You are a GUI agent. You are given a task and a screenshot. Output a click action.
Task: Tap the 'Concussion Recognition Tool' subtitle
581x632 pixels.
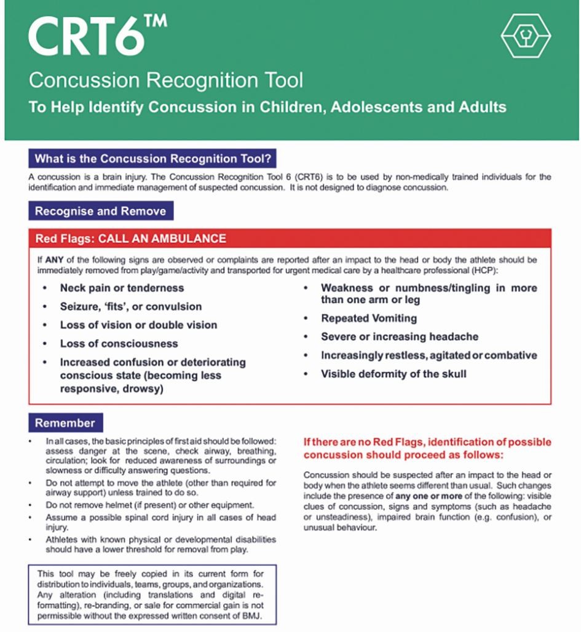point(165,80)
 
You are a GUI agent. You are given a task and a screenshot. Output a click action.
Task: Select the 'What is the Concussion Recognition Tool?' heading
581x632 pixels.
point(152,159)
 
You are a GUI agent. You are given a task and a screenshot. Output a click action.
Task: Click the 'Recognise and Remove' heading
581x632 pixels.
point(100,211)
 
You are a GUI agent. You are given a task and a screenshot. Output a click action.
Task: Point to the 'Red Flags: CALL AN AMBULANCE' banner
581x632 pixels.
point(130,239)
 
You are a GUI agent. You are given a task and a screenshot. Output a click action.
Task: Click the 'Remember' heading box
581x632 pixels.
point(65,423)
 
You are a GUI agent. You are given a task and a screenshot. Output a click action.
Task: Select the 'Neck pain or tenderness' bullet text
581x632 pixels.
point(122,288)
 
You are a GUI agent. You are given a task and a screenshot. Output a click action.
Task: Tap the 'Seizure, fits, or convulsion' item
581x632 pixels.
point(130,306)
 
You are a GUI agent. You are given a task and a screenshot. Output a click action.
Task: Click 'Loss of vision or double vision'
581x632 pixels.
point(138,325)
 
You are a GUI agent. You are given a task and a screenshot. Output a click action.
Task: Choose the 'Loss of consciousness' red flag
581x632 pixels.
point(119,343)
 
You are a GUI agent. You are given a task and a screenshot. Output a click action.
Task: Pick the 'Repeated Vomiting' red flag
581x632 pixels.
point(369,318)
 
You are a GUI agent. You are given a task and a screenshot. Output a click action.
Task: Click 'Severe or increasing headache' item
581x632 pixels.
point(400,337)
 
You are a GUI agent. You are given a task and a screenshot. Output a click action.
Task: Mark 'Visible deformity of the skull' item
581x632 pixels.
point(393,374)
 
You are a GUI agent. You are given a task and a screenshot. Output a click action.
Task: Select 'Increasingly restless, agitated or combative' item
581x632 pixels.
point(429,355)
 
